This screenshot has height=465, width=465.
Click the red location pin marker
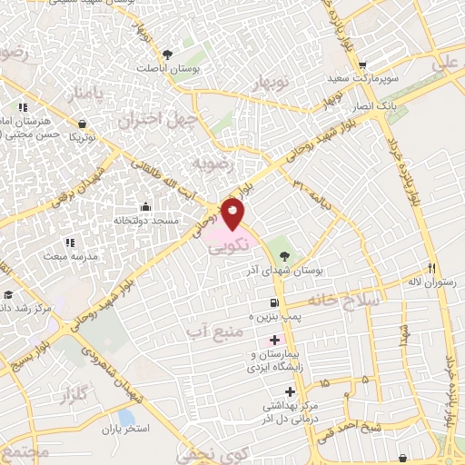click(232, 214)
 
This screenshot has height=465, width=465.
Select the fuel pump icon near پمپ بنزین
click(272, 303)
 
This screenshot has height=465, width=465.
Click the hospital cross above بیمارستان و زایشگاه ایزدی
click(275, 339)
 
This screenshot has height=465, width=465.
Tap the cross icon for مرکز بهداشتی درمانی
click(289, 391)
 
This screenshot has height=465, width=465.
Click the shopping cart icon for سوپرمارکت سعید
click(362, 65)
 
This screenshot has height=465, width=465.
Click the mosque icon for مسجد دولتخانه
click(144, 207)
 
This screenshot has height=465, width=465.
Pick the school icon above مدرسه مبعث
click(69, 242)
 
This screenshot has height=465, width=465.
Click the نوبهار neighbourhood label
click(272, 84)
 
